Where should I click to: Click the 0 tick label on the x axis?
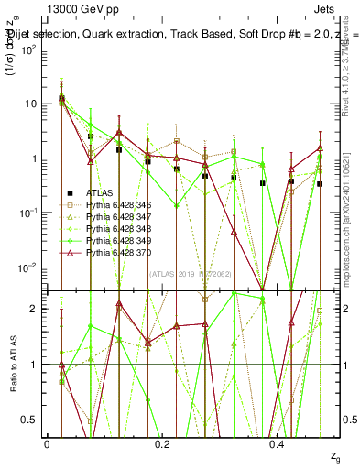47,443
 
